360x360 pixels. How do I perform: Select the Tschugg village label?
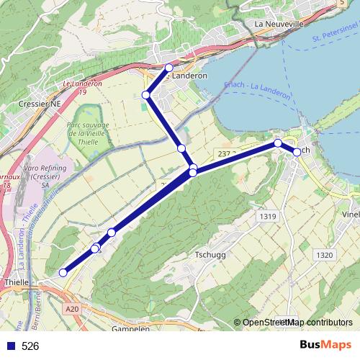tap(211, 256)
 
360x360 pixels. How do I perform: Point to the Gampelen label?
tap(130, 328)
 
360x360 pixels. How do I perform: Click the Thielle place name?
tap(16, 283)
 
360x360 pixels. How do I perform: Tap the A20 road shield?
tap(70, 309)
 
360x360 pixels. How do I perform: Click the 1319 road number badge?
tap(267, 216)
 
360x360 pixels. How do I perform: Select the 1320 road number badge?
tap(325, 255)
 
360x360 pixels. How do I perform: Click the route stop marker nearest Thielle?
tap(63, 272)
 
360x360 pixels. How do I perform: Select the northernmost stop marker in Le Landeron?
tap(169, 68)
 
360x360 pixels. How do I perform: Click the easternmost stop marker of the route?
tap(297, 152)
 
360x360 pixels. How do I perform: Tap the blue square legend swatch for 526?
tap(10, 346)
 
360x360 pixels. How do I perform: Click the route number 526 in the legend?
tap(30, 346)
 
